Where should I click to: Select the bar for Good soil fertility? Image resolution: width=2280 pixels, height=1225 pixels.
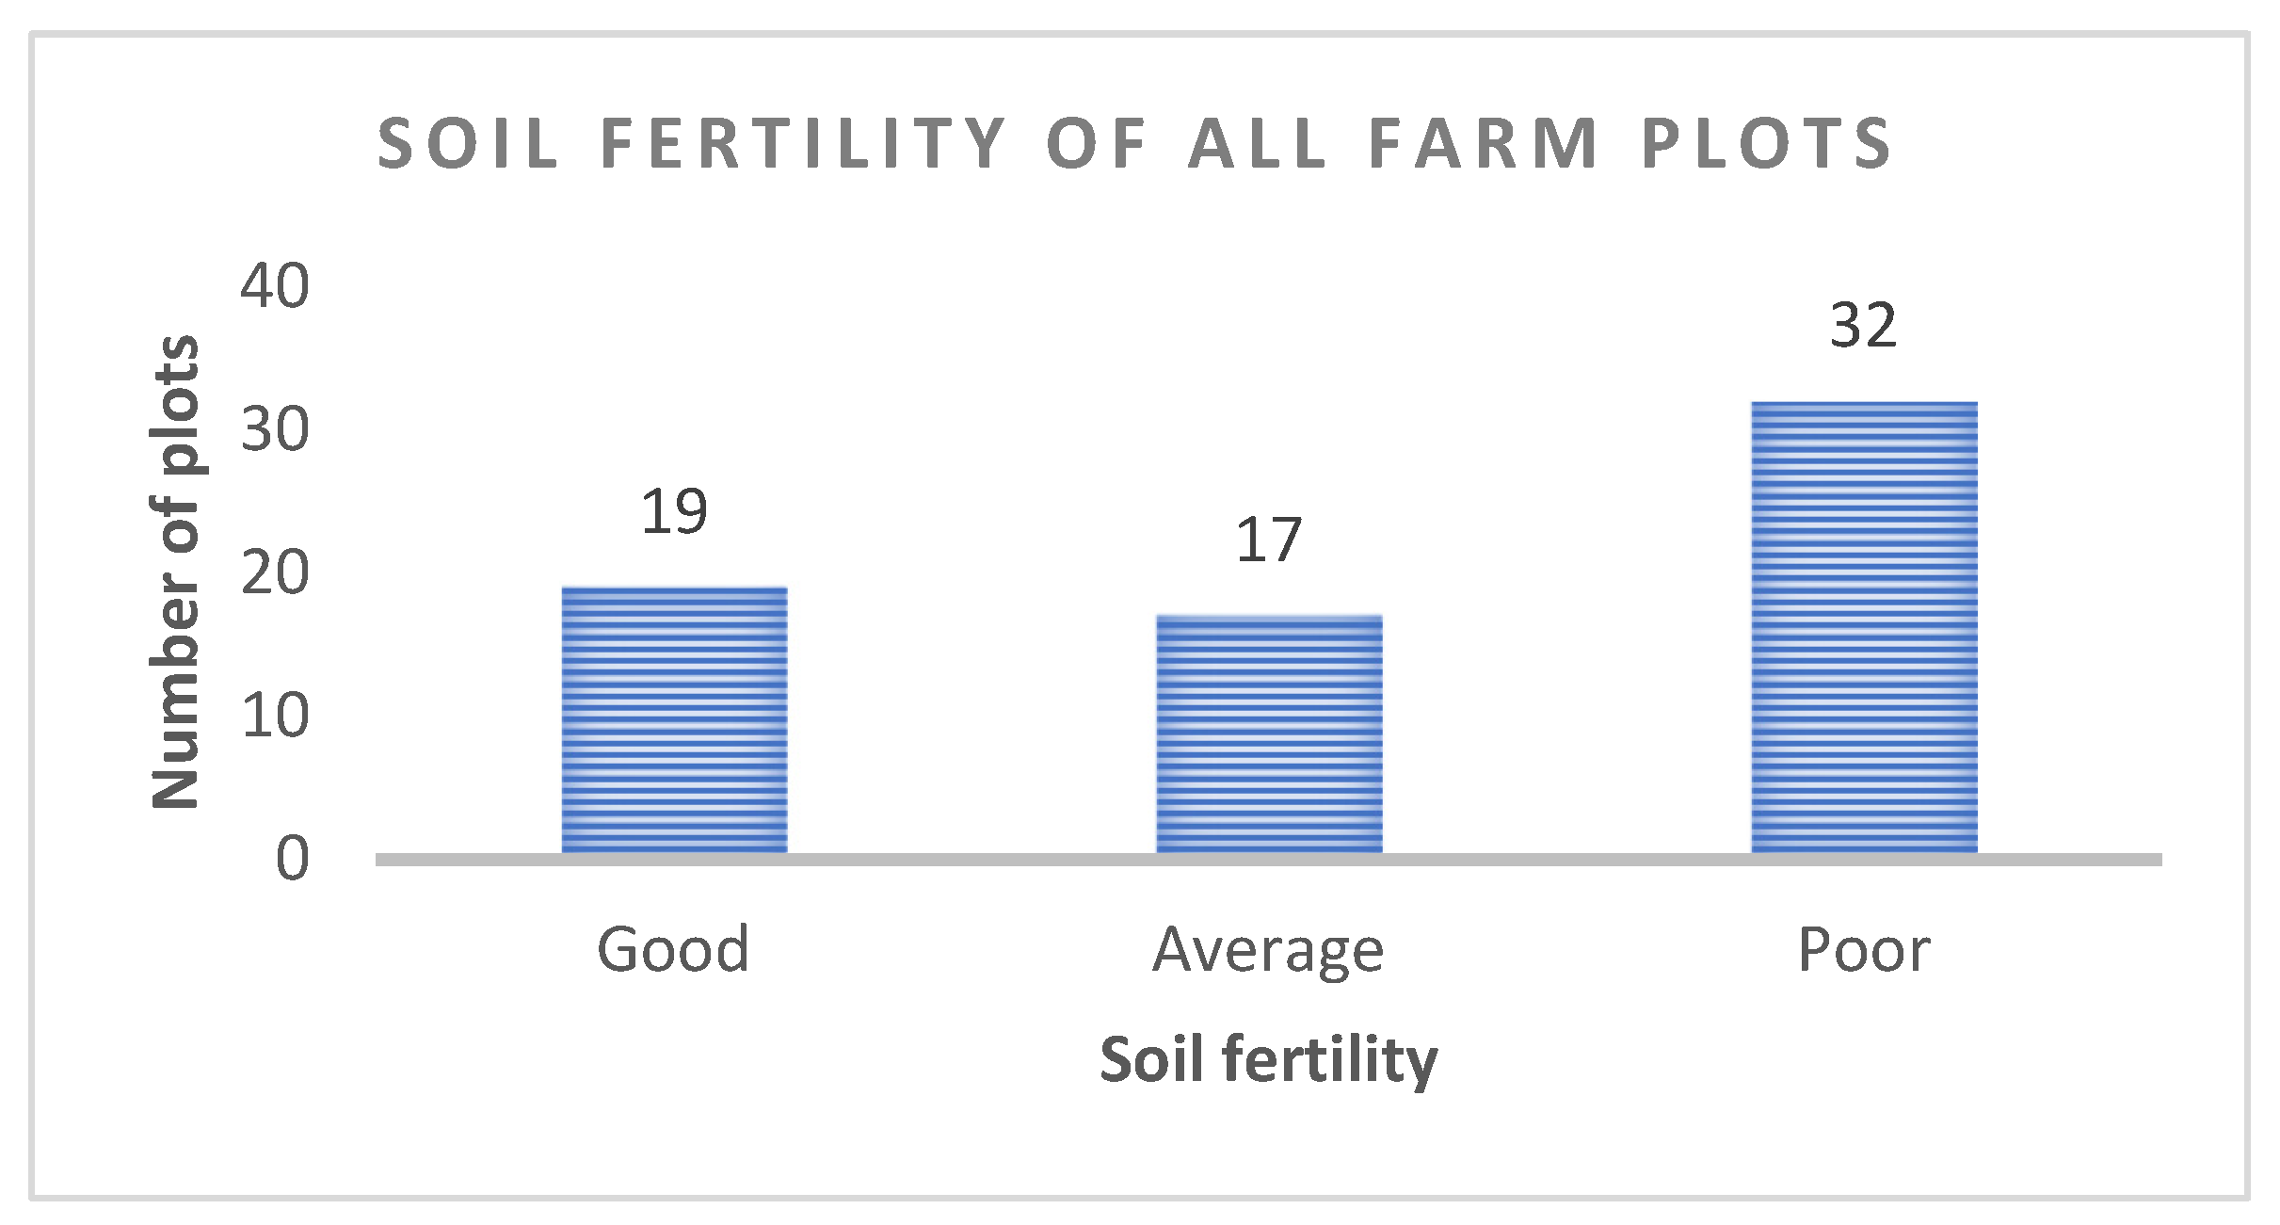click(674, 720)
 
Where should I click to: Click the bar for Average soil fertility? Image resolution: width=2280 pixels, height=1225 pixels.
click(1269, 734)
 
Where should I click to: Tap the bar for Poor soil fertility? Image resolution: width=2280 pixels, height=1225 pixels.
click(1864, 628)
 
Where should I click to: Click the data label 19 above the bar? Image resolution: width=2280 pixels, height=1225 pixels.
click(674, 513)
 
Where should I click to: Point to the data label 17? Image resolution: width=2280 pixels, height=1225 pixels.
click(1269, 541)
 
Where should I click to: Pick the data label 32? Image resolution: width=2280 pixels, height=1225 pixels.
click(1863, 327)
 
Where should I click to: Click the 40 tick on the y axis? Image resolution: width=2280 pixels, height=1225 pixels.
click(274, 286)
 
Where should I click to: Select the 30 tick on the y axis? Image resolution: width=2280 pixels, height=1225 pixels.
click(274, 430)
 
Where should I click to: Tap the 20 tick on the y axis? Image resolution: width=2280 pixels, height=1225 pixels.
click(274, 572)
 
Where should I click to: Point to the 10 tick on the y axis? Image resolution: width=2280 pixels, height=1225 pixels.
click(274, 717)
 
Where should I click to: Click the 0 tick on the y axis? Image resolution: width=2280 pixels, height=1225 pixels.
click(292, 859)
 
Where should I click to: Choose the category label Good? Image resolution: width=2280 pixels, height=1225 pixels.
click(674, 949)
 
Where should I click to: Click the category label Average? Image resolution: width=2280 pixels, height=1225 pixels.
click(1269, 951)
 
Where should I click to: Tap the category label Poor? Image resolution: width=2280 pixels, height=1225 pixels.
click(1864, 949)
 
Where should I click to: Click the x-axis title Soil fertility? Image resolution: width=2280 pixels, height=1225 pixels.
click(1269, 1060)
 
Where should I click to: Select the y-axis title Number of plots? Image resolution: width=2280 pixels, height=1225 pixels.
click(176, 572)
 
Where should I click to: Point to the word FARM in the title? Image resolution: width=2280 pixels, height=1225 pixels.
click(1484, 144)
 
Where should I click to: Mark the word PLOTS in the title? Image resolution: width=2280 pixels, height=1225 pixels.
click(1767, 144)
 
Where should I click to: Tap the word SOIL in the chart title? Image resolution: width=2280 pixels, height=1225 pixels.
click(468, 144)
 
